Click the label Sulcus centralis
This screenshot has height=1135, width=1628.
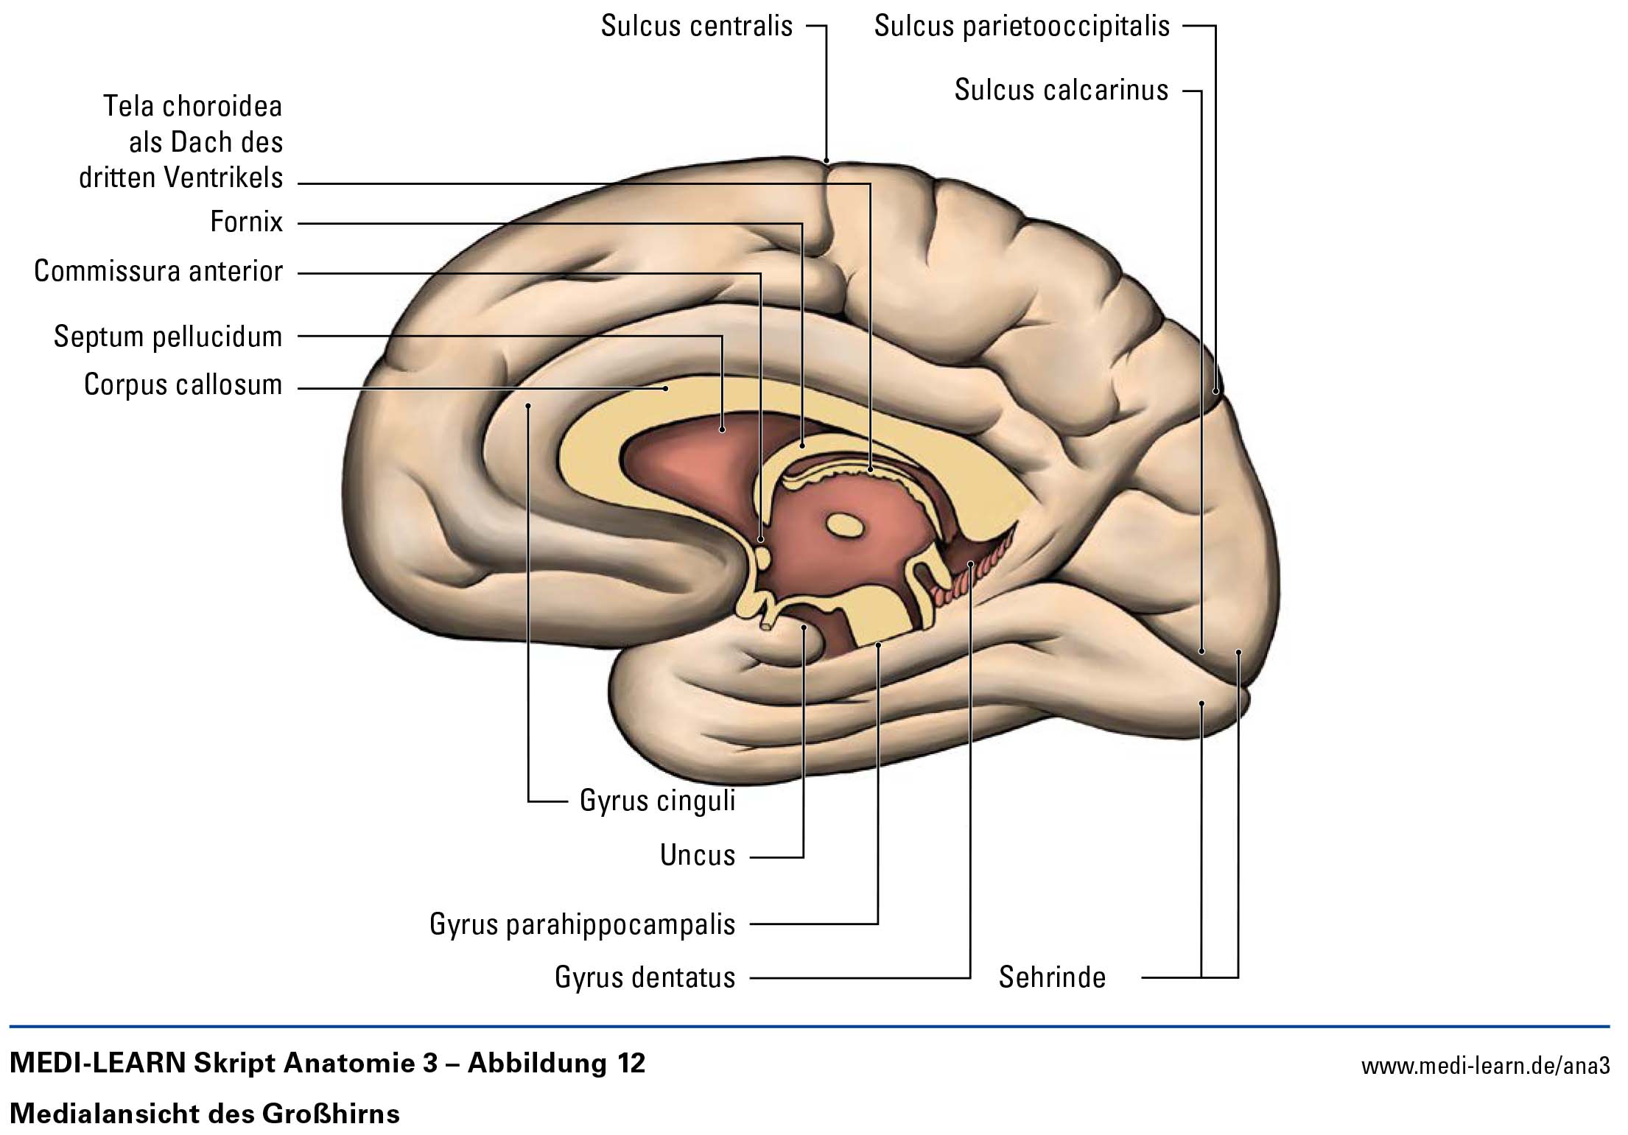[696, 27]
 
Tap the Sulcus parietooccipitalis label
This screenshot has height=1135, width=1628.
[1022, 27]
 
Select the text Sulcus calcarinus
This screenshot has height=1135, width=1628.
[1061, 91]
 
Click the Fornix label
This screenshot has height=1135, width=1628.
[246, 222]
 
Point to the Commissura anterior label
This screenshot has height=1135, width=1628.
[158, 272]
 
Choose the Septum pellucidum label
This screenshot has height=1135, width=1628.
[168, 337]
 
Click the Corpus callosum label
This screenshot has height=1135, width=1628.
[183, 385]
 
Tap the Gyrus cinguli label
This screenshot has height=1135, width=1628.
[657, 801]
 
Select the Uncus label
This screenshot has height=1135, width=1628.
[698, 855]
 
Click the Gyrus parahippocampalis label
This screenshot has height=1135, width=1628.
[582, 924]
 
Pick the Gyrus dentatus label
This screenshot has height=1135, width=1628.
[645, 978]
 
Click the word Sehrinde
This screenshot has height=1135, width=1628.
[1052, 978]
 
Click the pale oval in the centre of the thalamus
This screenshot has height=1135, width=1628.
[844, 525]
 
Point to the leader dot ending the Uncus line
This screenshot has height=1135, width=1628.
[804, 628]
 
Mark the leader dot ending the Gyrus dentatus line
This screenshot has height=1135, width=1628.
[971, 564]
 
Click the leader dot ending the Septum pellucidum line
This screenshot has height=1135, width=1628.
[722, 429]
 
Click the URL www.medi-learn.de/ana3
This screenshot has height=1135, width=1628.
[1485, 1066]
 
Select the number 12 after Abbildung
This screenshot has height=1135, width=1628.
[627, 1064]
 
